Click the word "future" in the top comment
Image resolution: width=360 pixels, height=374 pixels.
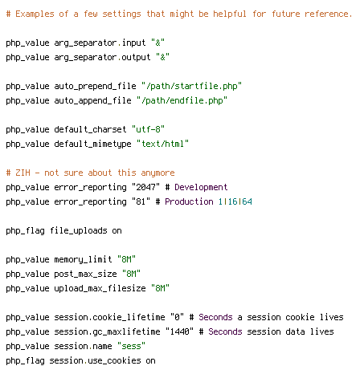[x=286, y=14]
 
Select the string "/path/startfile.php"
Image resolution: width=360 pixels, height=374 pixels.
[x=191, y=86]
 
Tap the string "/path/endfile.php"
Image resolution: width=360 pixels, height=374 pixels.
[x=182, y=100]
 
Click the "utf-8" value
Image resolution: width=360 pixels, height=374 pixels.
[x=148, y=129]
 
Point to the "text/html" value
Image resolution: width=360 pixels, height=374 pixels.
[x=162, y=144]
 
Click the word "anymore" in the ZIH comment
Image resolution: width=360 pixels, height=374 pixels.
[x=157, y=173]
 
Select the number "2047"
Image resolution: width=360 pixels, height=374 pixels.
[x=145, y=187]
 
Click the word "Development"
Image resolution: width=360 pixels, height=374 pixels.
[x=201, y=187]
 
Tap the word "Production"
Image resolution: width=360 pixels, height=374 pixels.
[x=189, y=201]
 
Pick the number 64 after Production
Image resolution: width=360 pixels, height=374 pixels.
[x=247, y=201]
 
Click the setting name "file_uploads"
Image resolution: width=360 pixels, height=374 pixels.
[x=79, y=230]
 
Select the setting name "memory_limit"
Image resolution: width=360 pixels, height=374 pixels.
[x=83, y=259]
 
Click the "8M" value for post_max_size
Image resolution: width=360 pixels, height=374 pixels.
[x=131, y=274]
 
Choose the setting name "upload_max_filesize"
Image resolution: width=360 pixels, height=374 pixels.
[x=100, y=288]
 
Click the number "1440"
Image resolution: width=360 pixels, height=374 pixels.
[x=179, y=331]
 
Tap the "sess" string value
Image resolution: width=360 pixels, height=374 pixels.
[x=131, y=346]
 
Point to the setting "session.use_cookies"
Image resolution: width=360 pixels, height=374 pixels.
[x=95, y=360]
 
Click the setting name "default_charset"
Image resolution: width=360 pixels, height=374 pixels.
[x=90, y=129]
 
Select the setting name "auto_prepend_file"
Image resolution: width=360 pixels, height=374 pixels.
[x=95, y=86]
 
